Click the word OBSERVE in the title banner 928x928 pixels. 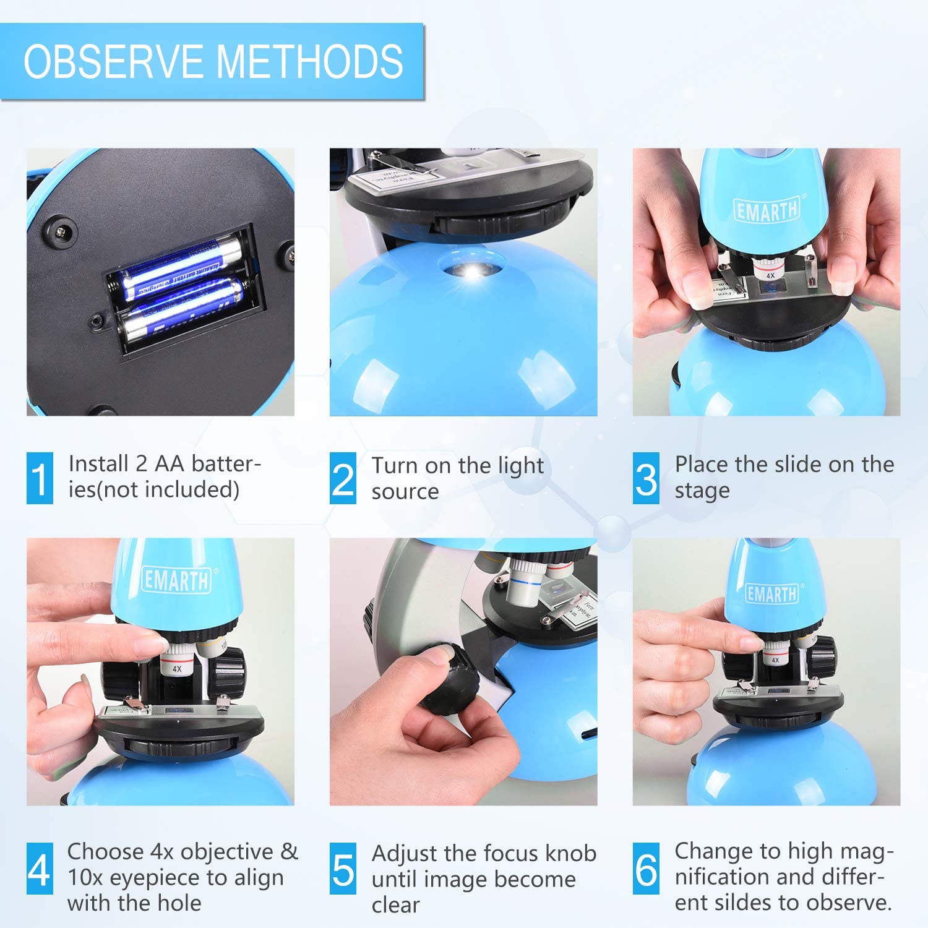pos(115,62)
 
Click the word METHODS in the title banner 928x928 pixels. pos(309,62)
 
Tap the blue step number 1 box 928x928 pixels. pos(40,478)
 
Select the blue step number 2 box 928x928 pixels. pos(343,478)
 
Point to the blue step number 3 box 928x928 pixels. pos(646,478)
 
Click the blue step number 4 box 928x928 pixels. pos(40,869)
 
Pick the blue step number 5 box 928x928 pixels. pos(343,869)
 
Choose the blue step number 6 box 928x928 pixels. pos(646,869)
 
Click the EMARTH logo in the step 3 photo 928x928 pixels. pos(767,210)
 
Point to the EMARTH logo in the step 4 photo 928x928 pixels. pos(176,580)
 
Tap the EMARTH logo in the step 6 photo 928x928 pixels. pos(771,593)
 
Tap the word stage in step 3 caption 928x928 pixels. pos(702,491)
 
